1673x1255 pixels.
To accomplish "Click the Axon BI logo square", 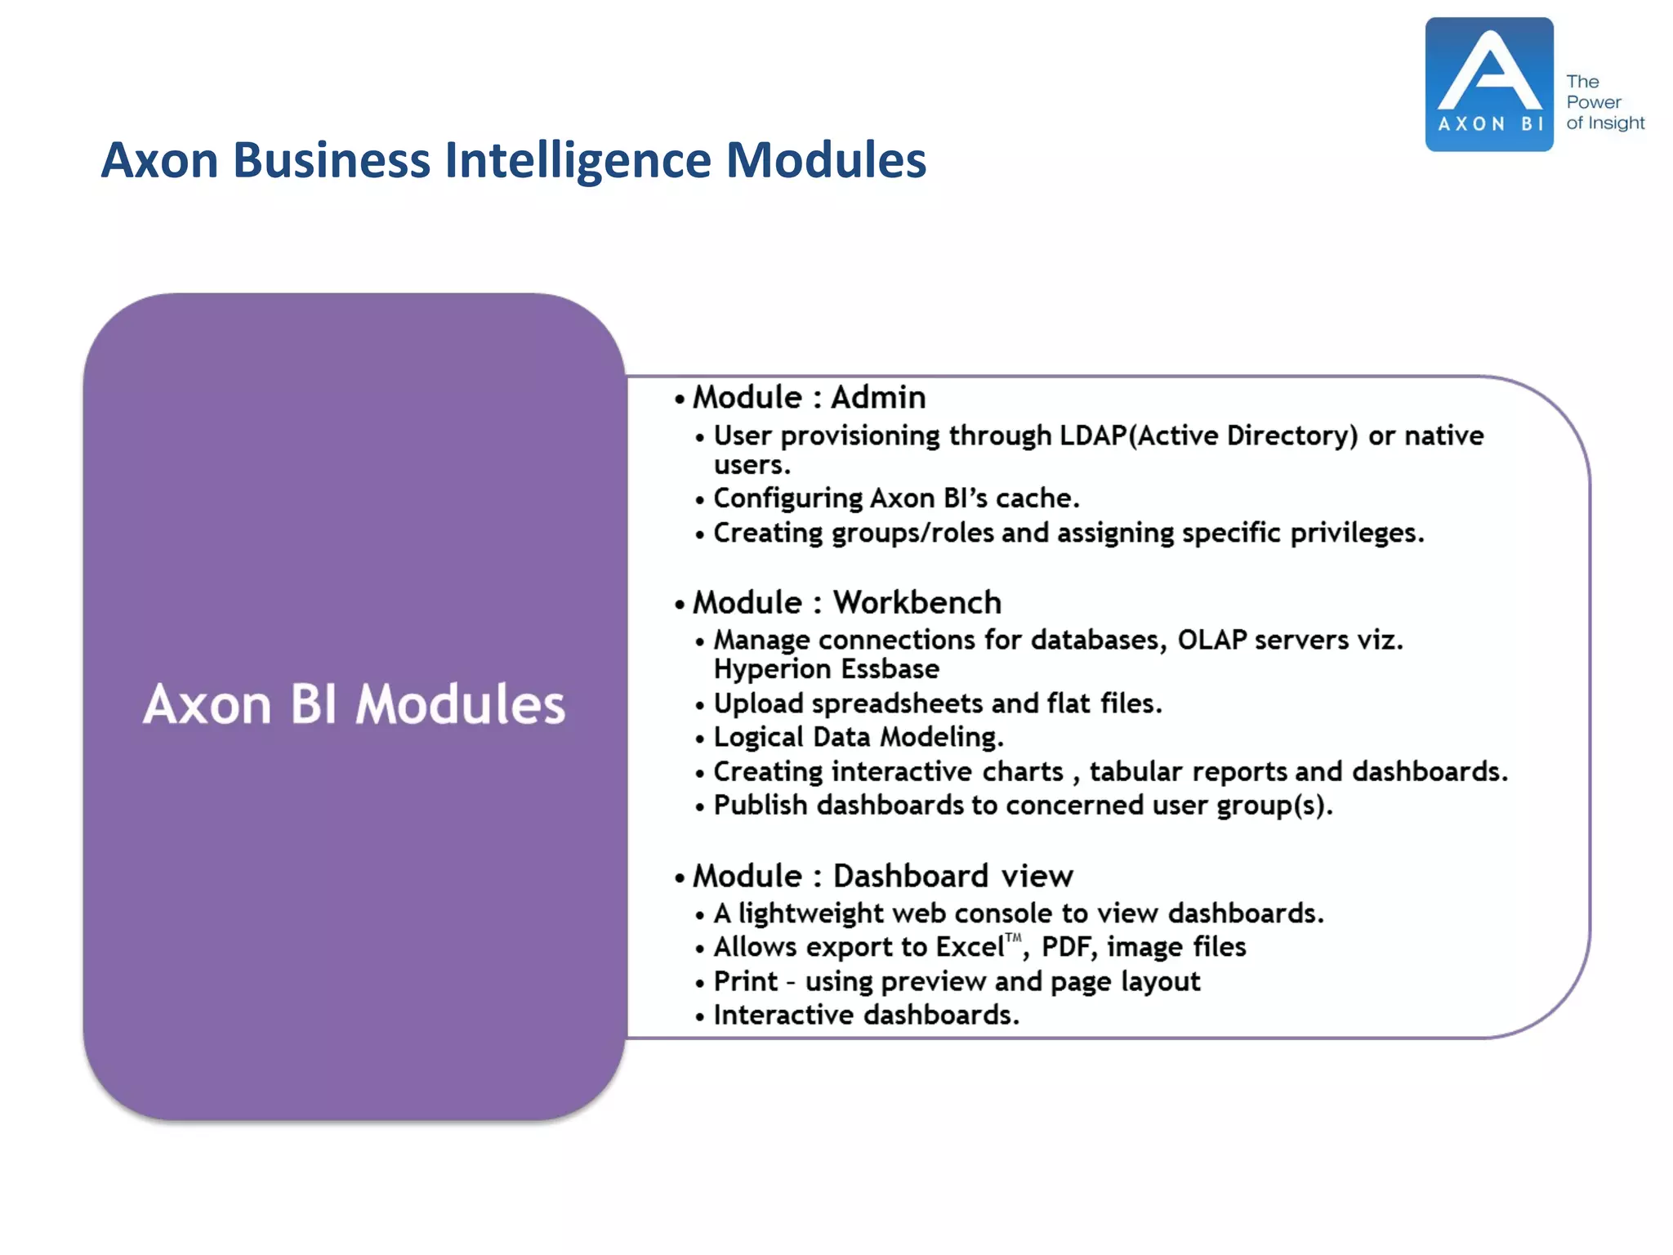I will coord(1488,84).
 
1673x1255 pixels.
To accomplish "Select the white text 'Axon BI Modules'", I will coord(354,704).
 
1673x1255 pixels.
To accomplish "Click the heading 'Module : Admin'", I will coord(809,398).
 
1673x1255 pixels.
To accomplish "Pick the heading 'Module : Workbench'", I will coord(846,603).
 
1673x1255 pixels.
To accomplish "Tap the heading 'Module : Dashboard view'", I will coord(882,877).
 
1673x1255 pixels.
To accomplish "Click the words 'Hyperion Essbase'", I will coord(826,669).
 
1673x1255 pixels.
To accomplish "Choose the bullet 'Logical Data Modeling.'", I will coord(858,738).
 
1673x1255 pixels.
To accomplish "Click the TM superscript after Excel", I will coord(1013,938).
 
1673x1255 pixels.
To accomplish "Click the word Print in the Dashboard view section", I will coord(745,982).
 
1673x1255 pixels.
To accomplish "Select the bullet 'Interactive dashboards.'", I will coord(866,1016).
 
